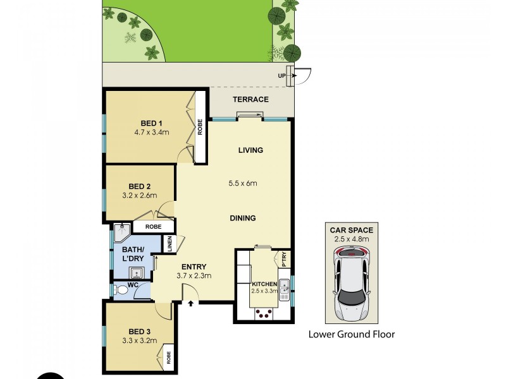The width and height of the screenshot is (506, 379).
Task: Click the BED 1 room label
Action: pyautogui.click(x=151, y=123)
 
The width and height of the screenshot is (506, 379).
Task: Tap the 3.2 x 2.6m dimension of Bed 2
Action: pyautogui.click(x=139, y=196)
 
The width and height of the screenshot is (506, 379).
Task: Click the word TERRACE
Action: pyautogui.click(x=250, y=99)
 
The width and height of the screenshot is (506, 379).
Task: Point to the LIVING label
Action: pyautogui.click(x=250, y=150)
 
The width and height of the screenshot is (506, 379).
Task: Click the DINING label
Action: pyautogui.click(x=243, y=219)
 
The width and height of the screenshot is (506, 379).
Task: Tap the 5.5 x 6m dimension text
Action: pyautogui.click(x=244, y=184)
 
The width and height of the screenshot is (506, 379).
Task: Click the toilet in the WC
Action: pyautogui.click(x=121, y=289)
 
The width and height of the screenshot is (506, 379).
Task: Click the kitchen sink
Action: pyautogui.click(x=285, y=286)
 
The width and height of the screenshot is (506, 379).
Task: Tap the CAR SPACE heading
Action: pyautogui.click(x=351, y=230)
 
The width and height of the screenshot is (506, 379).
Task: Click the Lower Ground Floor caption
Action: pyautogui.click(x=351, y=334)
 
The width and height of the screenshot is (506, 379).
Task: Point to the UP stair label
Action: pyautogui.click(x=281, y=76)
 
